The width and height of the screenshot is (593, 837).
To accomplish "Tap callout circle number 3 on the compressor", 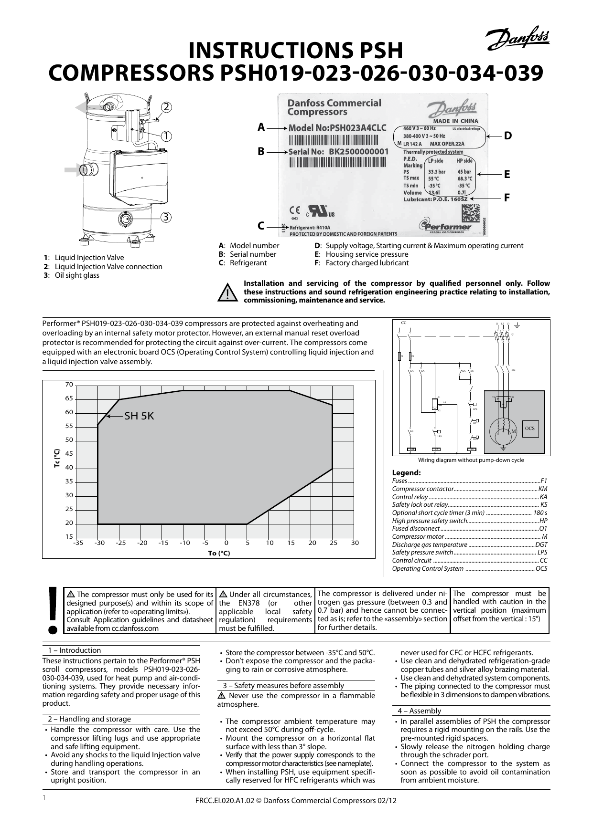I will pos(165,217).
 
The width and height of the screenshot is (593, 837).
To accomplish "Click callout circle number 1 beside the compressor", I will pos(165,136).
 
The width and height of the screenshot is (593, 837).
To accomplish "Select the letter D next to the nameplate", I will pos(507,136).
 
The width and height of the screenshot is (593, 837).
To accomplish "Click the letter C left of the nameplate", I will pos(261,226).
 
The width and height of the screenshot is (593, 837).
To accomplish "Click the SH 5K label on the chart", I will pos(139,416).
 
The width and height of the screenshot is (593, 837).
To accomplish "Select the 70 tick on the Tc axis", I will pos(69,385).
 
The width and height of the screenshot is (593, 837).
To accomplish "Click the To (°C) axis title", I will pos(219,553).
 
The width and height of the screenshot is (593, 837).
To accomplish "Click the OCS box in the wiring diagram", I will pos(529,429).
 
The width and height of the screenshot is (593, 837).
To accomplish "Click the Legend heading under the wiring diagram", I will pos(406,473).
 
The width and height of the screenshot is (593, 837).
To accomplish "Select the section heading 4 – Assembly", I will pos(419,711).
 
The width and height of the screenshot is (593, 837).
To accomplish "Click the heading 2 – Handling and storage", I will pos(88,719).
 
